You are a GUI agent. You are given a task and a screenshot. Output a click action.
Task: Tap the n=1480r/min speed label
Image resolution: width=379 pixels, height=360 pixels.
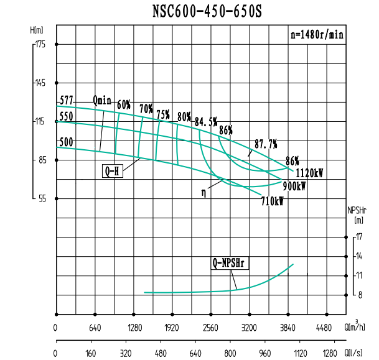point(316,35)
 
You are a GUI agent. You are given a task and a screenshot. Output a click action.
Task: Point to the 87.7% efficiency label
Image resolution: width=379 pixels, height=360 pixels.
point(266,144)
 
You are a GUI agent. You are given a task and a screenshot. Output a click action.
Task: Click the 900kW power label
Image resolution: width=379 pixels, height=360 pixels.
point(294,185)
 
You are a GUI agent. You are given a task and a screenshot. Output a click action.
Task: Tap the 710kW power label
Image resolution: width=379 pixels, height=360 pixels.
point(273,201)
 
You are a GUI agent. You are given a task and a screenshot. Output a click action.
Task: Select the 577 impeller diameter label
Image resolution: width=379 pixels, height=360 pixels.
point(66,99)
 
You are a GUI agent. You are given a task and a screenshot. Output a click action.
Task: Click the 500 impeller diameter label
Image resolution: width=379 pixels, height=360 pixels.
point(66,142)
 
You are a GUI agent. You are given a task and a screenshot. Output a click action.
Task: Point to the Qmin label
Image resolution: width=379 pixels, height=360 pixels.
point(102,100)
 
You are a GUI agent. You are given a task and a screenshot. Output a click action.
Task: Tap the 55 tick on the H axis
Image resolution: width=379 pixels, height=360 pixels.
point(42,199)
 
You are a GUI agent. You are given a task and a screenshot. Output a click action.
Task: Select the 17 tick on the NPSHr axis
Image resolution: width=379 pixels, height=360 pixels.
point(358,236)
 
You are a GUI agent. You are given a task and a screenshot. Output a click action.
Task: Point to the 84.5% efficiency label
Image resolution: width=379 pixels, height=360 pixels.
point(206,121)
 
